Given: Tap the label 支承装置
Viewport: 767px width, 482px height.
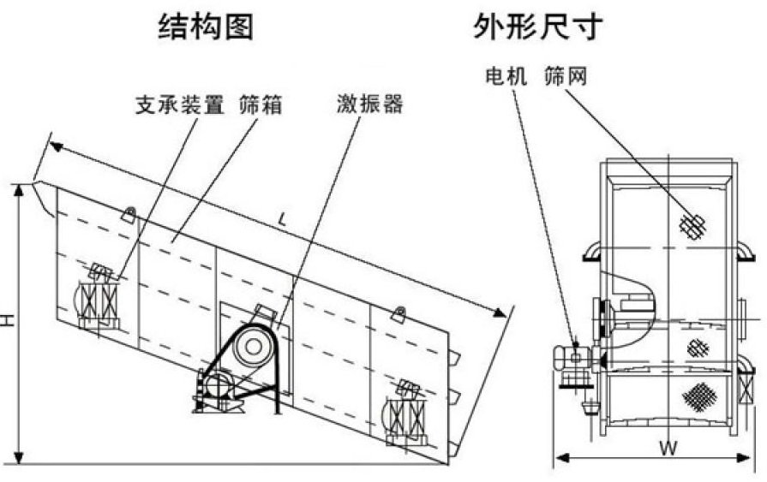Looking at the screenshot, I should click(x=179, y=106).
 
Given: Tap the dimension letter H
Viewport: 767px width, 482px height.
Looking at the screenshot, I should click(x=8, y=320).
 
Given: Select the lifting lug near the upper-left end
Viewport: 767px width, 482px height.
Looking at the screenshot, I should click(x=129, y=214).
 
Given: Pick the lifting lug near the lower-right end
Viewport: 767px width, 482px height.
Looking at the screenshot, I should click(x=398, y=314).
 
